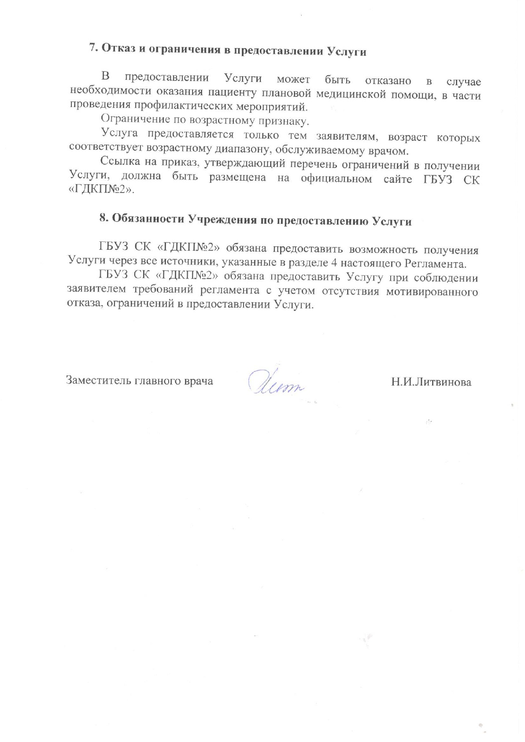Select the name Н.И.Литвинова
[x=431, y=382]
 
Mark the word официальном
[x=336, y=179]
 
